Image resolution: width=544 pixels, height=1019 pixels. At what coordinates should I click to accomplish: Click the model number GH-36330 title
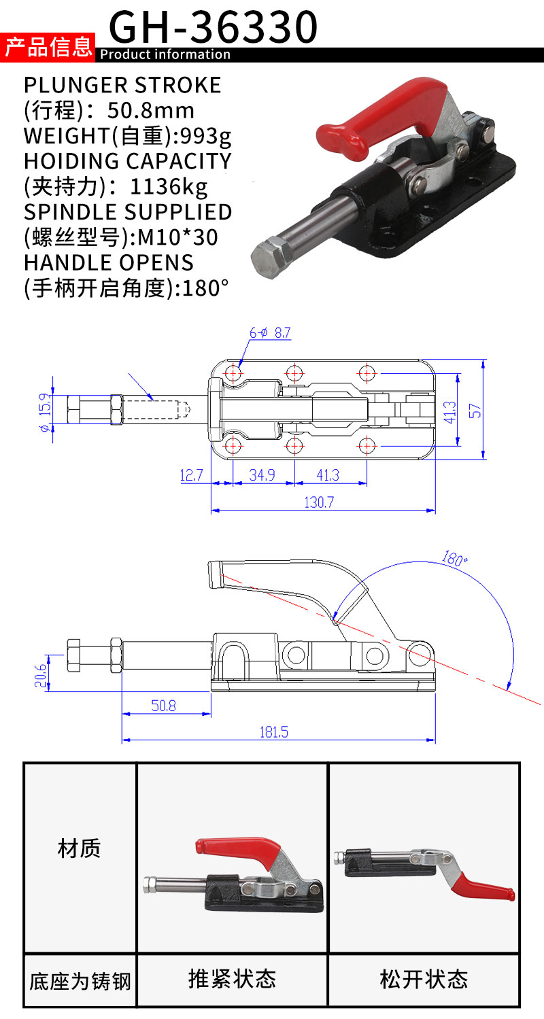tap(213, 27)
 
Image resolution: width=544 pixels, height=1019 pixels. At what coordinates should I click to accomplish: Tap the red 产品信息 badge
tap(48, 48)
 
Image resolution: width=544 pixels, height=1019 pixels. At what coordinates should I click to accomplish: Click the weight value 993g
tap(206, 136)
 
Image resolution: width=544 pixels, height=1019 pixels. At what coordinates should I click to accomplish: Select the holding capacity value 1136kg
tap(169, 186)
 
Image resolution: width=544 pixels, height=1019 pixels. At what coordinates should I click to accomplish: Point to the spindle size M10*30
tap(177, 237)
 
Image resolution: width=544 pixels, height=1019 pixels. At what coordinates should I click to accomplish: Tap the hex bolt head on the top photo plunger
tap(271, 257)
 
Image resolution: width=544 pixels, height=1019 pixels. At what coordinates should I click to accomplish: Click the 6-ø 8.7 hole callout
tap(269, 332)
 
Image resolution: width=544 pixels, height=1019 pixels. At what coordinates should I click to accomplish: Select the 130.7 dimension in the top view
tap(319, 502)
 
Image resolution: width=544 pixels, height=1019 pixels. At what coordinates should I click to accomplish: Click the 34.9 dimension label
tap(262, 475)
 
